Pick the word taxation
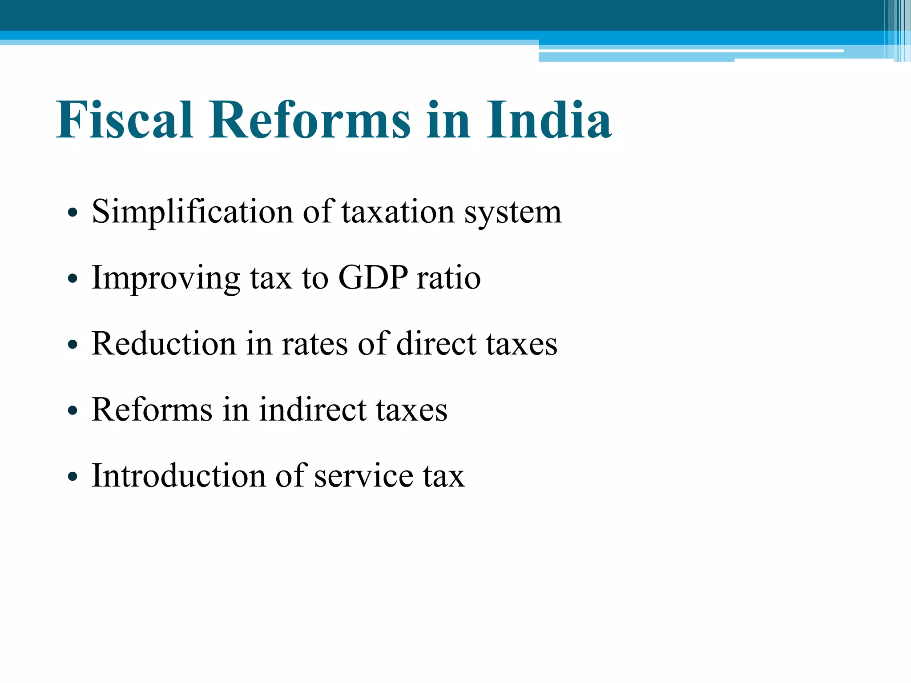(x=398, y=212)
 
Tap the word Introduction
(x=178, y=476)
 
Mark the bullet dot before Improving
(x=73, y=279)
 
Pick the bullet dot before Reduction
(x=73, y=345)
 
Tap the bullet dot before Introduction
(x=73, y=477)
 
